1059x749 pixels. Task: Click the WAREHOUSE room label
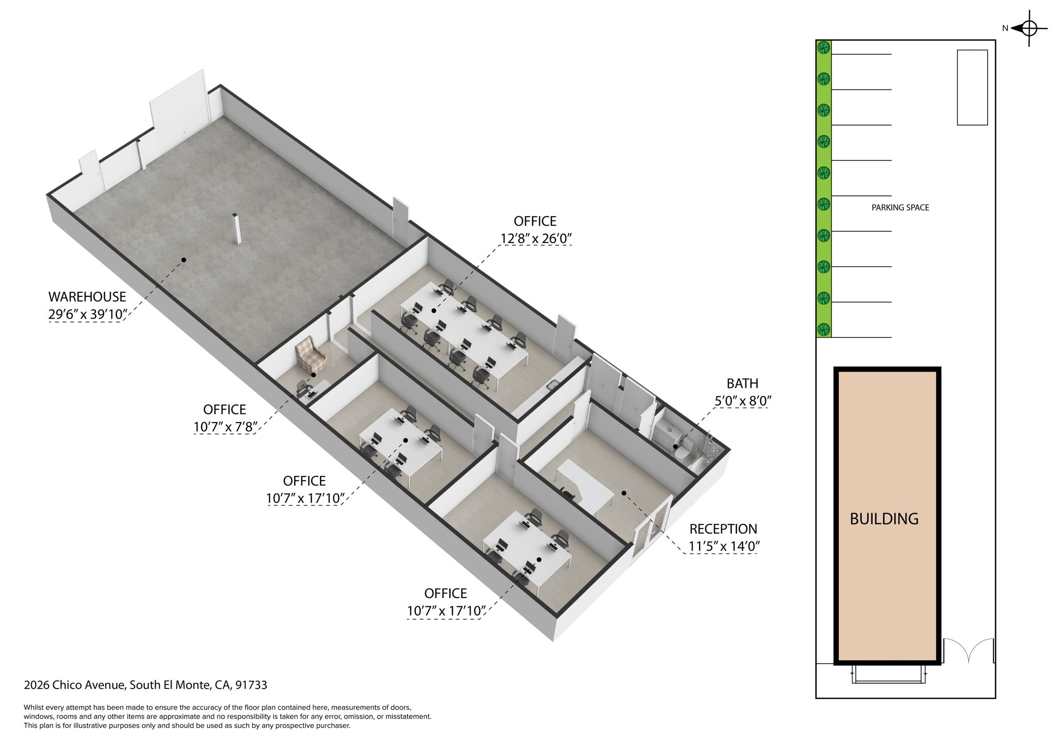pos(87,297)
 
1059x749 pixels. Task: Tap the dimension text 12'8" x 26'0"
pos(535,239)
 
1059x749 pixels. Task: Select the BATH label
pos(742,384)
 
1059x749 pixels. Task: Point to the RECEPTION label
pos(723,529)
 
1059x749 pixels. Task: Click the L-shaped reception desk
pos(584,484)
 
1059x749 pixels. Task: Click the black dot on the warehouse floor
pos(184,260)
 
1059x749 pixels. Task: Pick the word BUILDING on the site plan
pos(884,519)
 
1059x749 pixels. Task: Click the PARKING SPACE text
pos(900,208)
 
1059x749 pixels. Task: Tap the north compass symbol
pos(1029,28)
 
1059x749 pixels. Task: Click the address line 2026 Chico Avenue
pos(145,685)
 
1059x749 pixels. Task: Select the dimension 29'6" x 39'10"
pos(87,314)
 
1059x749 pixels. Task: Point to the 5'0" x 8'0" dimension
pos(743,401)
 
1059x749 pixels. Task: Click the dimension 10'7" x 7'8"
pos(224,427)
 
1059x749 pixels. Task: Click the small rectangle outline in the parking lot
pos(972,87)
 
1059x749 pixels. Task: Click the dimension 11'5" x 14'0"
pos(723,547)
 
